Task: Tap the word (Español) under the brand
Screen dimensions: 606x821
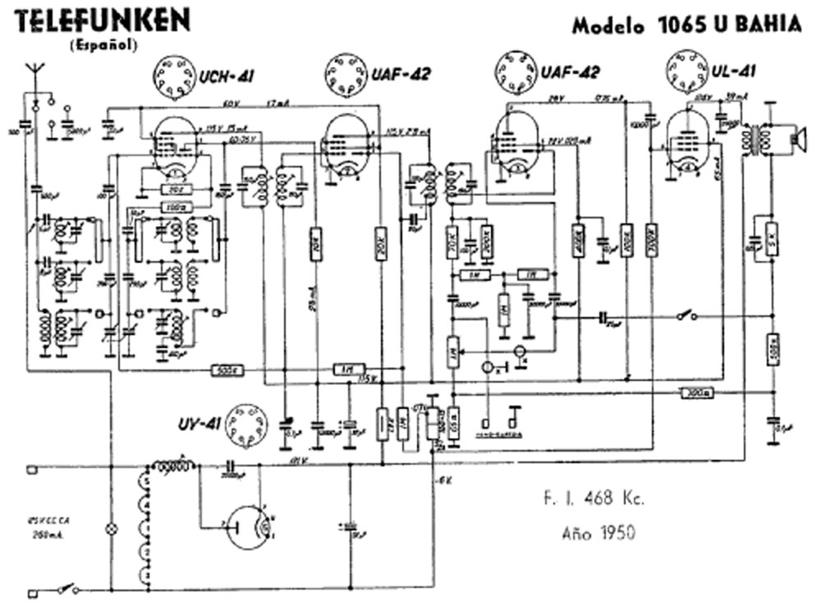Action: (103, 45)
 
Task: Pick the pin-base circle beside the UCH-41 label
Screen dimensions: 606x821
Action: (173, 76)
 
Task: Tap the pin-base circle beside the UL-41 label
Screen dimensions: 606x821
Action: (686, 67)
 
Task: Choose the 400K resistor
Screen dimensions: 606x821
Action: (578, 241)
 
